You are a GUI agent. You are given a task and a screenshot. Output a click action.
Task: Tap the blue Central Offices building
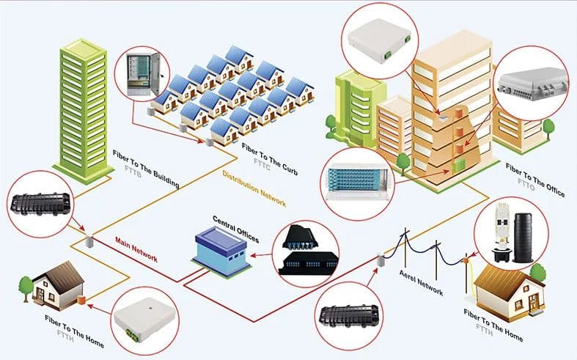[221, 251]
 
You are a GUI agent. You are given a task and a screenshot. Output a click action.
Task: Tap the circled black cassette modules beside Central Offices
[308, 249]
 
